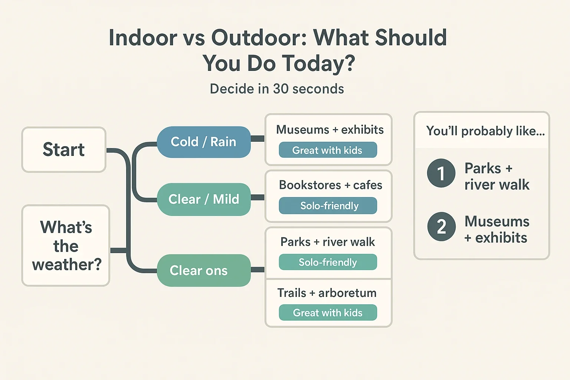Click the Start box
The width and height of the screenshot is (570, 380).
tap(64, 150)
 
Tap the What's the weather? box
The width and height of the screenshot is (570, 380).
tap(66, 246)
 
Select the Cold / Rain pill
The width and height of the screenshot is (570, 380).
tap(204, 142)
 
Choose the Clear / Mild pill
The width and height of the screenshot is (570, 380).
tap(204, 199)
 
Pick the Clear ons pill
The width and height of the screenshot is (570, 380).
tap(204, 270)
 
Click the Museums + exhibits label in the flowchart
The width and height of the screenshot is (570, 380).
tap(330, 130)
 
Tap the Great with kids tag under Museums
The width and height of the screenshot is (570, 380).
tap(328, 150)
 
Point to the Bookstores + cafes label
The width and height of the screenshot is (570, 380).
tap(330, 185)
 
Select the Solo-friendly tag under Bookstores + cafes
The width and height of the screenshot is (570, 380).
tap(328, 205)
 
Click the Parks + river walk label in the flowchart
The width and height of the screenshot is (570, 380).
tap(328, 242)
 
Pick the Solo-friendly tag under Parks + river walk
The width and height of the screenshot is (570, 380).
tap(328, 262)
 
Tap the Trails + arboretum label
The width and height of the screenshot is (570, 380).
tap(327, 293)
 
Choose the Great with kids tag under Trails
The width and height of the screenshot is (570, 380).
tap(328, 312)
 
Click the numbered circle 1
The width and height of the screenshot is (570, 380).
tap(441, 173)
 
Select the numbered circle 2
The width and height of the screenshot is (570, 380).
tap(441, 226)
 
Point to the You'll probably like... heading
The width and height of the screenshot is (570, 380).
tap(485, 131)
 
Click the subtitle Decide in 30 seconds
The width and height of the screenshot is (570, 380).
tap(277, 89)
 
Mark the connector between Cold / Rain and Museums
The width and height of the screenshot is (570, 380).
tap(258, 138)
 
